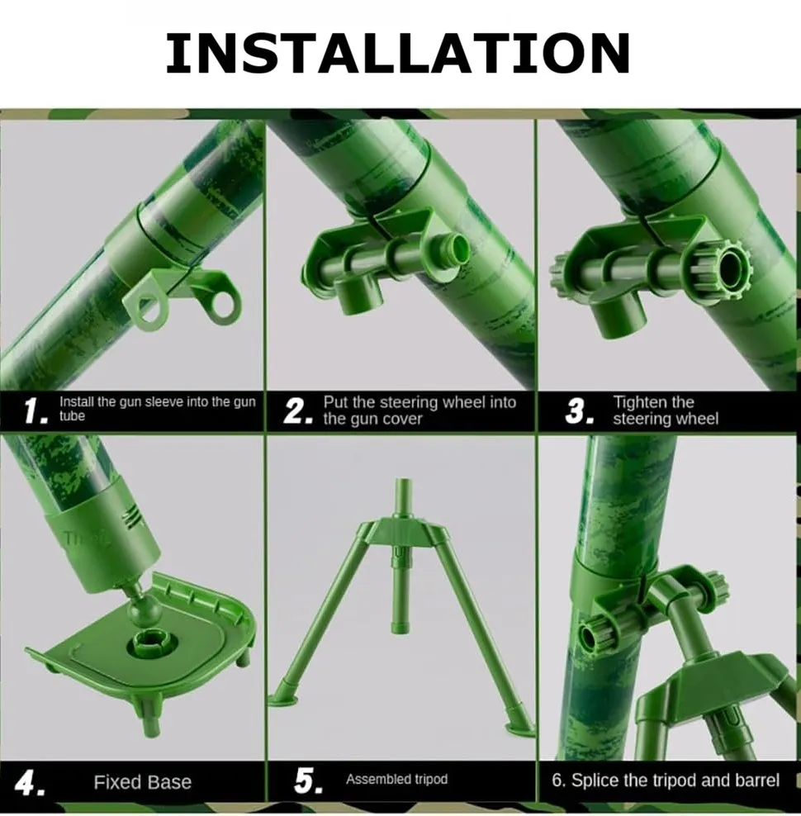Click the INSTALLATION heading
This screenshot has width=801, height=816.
398,53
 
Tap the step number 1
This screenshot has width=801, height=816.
36,410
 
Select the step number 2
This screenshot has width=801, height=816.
298,410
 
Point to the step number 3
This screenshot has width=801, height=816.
580,410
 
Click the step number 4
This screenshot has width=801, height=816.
29,782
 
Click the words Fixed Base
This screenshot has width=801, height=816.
143,782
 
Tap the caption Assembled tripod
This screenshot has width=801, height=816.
396,779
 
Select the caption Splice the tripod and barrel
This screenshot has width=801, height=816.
675,780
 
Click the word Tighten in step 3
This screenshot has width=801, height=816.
638,402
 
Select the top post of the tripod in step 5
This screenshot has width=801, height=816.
402,498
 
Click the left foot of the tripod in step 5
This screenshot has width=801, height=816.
283,697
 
